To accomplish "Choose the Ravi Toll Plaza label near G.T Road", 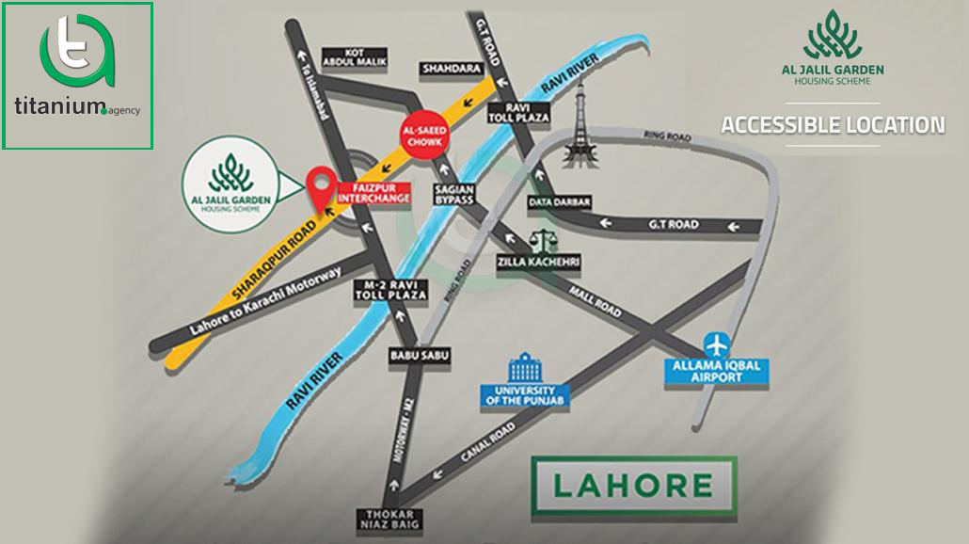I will pyautogui.click(x=518, y=113).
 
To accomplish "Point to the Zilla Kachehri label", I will pyautogui.click(x=540, y=260).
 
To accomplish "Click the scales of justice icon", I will pyautogui.click(x=540, y=240).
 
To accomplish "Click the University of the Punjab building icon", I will pyautogui.click(x=520, y=367).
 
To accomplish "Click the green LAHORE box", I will pyautogui.click(x=632, y=486).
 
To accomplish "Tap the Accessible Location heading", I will pyautogui.click(x=833, y=124).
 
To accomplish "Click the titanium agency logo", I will pyautogui.click(x=78, y=75).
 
